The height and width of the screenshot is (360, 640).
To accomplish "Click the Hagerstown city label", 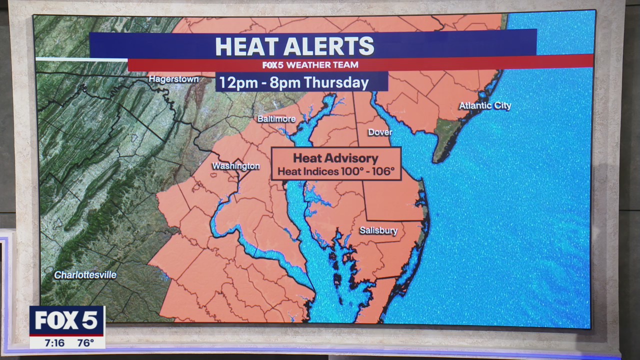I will click(x=173, y=79).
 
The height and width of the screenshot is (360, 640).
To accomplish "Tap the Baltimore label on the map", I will click(x=276, y=119).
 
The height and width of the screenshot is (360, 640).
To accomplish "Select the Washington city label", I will click(x=236, y=166).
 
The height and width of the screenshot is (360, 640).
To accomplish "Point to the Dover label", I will click(x=380, y=132).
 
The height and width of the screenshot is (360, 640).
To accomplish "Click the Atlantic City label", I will click(x=485, y=106).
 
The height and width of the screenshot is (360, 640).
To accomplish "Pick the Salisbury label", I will click(x=378, y=231).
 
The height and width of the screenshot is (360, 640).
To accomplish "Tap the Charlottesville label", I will click(x=85, y=275).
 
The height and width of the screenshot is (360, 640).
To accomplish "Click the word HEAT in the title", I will click(x=246, y=46).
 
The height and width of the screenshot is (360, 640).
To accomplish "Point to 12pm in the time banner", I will click(x=234, y=82).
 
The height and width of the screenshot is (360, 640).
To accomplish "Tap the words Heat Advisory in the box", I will click(x=335, y=158).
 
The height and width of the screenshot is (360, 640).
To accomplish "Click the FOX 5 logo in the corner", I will click(x=66, y=320).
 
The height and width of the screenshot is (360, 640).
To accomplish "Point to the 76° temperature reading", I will click(x=85, y=343).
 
